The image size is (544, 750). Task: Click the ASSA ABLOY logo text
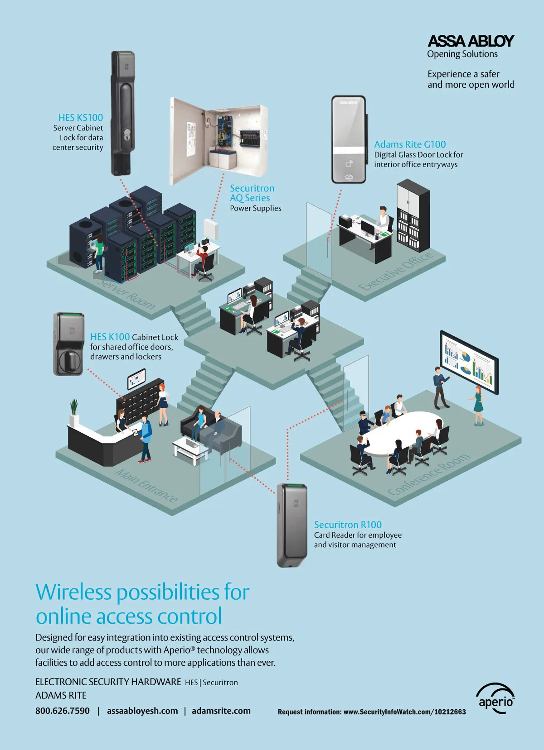click(471, 41)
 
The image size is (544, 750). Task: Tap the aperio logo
click(495, 699)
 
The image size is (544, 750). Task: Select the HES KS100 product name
click(81, 118)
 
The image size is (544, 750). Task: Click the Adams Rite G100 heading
click(410, 144)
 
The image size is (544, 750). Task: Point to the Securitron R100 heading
click(348, 525)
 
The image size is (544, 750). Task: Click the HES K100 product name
click(110, 337)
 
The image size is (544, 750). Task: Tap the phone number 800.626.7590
click(63, 711)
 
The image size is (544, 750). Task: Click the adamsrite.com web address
click(221, 711)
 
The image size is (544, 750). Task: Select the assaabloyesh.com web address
click(142, 711)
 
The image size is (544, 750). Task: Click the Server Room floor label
click(126, 294)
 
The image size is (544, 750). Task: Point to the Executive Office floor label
click(395, 272)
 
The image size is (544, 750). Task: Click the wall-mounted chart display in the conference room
click(469, 363)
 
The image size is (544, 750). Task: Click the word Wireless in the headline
click(74, 592)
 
